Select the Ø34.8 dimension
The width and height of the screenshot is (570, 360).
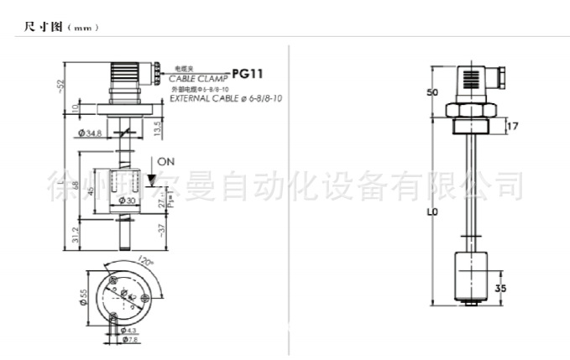coord(90,134)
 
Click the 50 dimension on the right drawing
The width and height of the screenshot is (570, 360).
coord(433,92)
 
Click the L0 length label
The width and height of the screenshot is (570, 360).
coord(432,212)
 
